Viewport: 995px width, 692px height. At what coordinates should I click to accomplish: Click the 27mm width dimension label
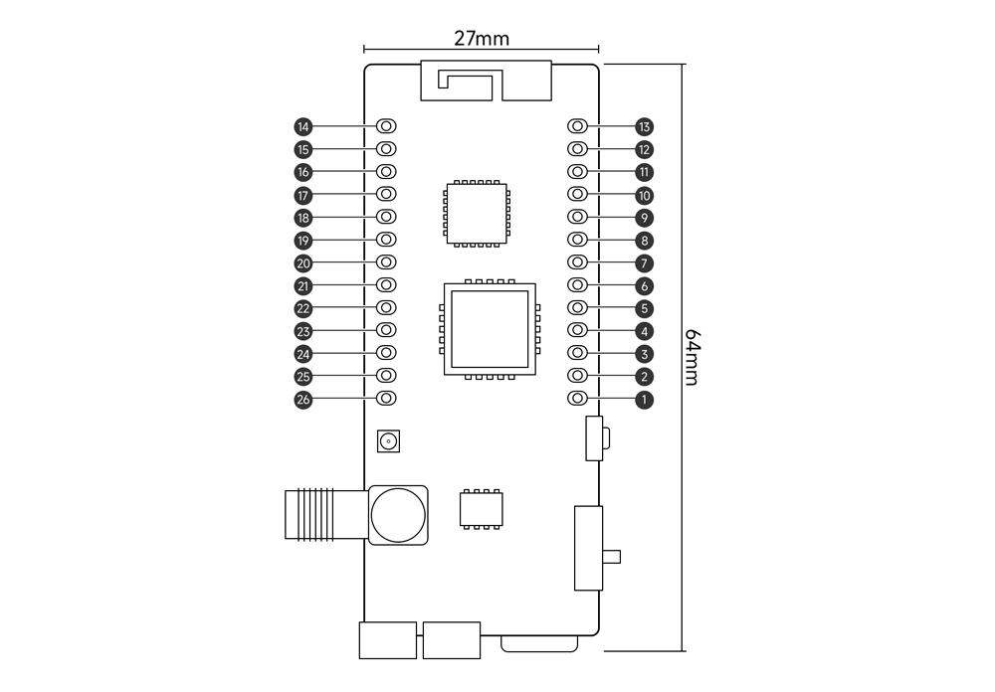[482, 39]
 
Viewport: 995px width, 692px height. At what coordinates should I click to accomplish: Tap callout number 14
[302, 127]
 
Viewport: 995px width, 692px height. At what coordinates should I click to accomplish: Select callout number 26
[302, 400]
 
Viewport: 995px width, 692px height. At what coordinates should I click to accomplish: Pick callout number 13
[645, 127]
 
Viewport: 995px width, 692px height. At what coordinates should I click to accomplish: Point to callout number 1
[645, 400]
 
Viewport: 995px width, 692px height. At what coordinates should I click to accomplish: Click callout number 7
[645, 263]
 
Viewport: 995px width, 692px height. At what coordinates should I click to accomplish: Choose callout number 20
[302, 263]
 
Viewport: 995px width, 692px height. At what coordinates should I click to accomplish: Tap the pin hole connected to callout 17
[387, 195]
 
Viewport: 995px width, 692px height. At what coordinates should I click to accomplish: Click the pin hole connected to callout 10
[577, 195]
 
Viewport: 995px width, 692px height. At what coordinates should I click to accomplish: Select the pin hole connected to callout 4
[577, 331]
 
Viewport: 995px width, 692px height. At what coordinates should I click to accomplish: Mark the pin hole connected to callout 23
[387, 331]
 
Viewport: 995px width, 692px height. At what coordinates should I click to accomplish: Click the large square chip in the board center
[489, 329]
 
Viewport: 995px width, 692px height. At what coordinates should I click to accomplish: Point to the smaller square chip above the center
[478, 212]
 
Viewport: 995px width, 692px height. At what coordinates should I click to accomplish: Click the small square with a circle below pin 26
[388, 441]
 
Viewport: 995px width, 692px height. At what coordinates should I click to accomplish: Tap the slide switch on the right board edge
[590, 548]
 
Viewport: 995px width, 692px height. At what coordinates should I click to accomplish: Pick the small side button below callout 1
[597, 438]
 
